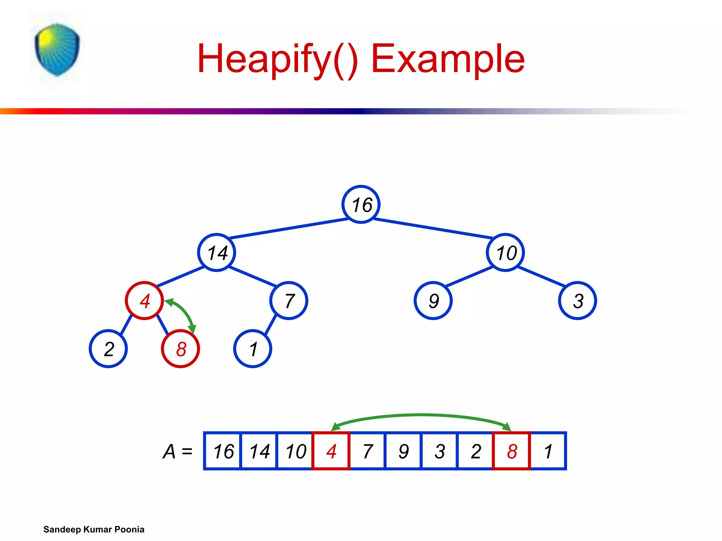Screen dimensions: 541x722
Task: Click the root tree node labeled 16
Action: [361, 204]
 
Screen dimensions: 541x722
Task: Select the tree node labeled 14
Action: [216, 253]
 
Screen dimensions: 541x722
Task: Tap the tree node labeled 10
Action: [505, 253]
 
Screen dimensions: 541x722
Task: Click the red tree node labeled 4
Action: [144, 300]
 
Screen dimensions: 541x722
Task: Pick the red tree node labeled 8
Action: [180, 349]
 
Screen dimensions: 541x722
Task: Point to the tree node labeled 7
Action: [289, 300]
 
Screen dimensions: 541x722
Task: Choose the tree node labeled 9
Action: [433, 300]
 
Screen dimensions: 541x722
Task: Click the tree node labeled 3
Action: [577, 300]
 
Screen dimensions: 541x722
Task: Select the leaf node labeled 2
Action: [108, 349]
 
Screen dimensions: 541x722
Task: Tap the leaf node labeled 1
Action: [252, 349]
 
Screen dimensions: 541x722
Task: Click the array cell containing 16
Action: [223, 451]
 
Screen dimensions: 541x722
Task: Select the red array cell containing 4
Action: [331, 451]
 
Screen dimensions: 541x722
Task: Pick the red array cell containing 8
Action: [512, 451]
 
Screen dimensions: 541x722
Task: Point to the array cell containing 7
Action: [367, 451]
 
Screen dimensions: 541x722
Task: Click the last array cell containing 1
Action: [548, 451]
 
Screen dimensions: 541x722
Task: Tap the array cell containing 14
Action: [259, 451]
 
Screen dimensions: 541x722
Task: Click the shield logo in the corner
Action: [57, 49]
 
